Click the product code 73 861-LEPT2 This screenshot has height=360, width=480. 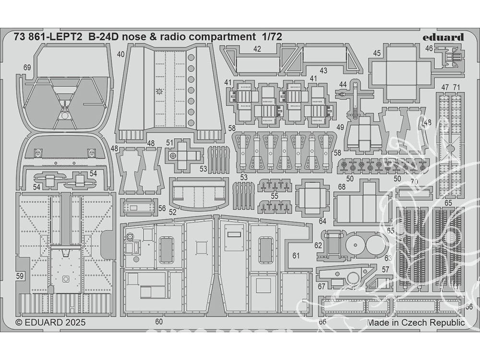coord(48,36)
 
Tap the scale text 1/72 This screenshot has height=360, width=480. coord(285,36)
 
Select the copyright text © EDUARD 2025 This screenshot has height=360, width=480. coord(50,323)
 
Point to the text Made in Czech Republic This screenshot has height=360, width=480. coord(416,323)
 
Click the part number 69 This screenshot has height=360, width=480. coord(27,68)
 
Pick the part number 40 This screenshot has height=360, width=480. coord(120,54)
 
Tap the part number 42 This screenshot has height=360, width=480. coord(257,48)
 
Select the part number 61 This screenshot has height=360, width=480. coord(296,256)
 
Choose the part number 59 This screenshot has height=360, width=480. coord(20,276)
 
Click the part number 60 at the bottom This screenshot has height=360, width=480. coord(159,322)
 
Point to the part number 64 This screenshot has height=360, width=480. coord(322,221)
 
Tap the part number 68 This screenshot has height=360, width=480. coord(342,187)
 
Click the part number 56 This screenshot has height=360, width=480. coord(162,209)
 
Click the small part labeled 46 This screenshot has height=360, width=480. coord(449,58)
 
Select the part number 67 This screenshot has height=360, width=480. coord(321,287)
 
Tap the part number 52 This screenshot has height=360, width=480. coord(173,212)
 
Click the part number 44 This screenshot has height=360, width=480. coord(342,84)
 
